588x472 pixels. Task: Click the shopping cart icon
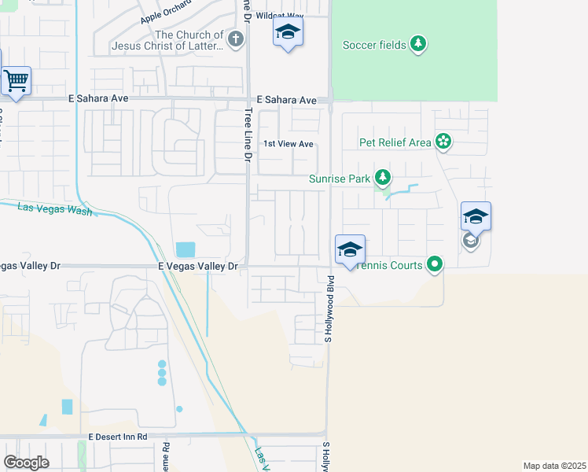(16, 81)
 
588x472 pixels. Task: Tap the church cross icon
(234, 39)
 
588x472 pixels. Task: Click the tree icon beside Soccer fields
(419, 44)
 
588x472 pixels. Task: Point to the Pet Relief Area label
(395, 142)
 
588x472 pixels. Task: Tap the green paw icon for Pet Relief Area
(443, 142)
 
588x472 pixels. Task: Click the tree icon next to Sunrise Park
(382, 178)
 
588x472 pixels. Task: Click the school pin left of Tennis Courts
(350, 250)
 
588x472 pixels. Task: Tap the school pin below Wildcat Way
(288, 33)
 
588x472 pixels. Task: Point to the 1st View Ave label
(288, 144)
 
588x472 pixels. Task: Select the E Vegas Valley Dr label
(198, 267)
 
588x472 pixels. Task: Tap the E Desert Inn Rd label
(118, 436)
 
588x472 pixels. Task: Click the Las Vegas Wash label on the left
(54, 208)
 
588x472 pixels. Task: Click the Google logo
(26, 462)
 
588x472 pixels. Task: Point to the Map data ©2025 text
(554, 466)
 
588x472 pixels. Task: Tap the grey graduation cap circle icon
(471, 241)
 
